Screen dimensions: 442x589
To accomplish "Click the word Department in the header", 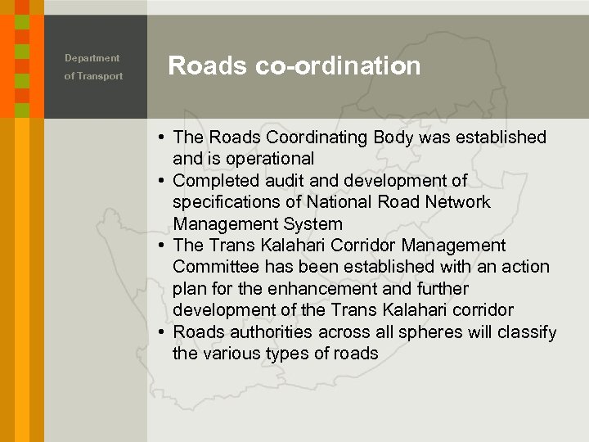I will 92,58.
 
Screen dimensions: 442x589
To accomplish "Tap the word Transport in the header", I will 101,76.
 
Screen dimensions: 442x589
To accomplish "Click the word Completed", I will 213,180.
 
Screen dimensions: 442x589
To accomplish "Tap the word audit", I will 277,180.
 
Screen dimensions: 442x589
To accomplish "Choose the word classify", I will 527,332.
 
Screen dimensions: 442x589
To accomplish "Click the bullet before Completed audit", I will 164,180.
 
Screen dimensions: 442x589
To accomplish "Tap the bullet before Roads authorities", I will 164,332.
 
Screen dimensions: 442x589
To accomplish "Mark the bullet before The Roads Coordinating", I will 164,138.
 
